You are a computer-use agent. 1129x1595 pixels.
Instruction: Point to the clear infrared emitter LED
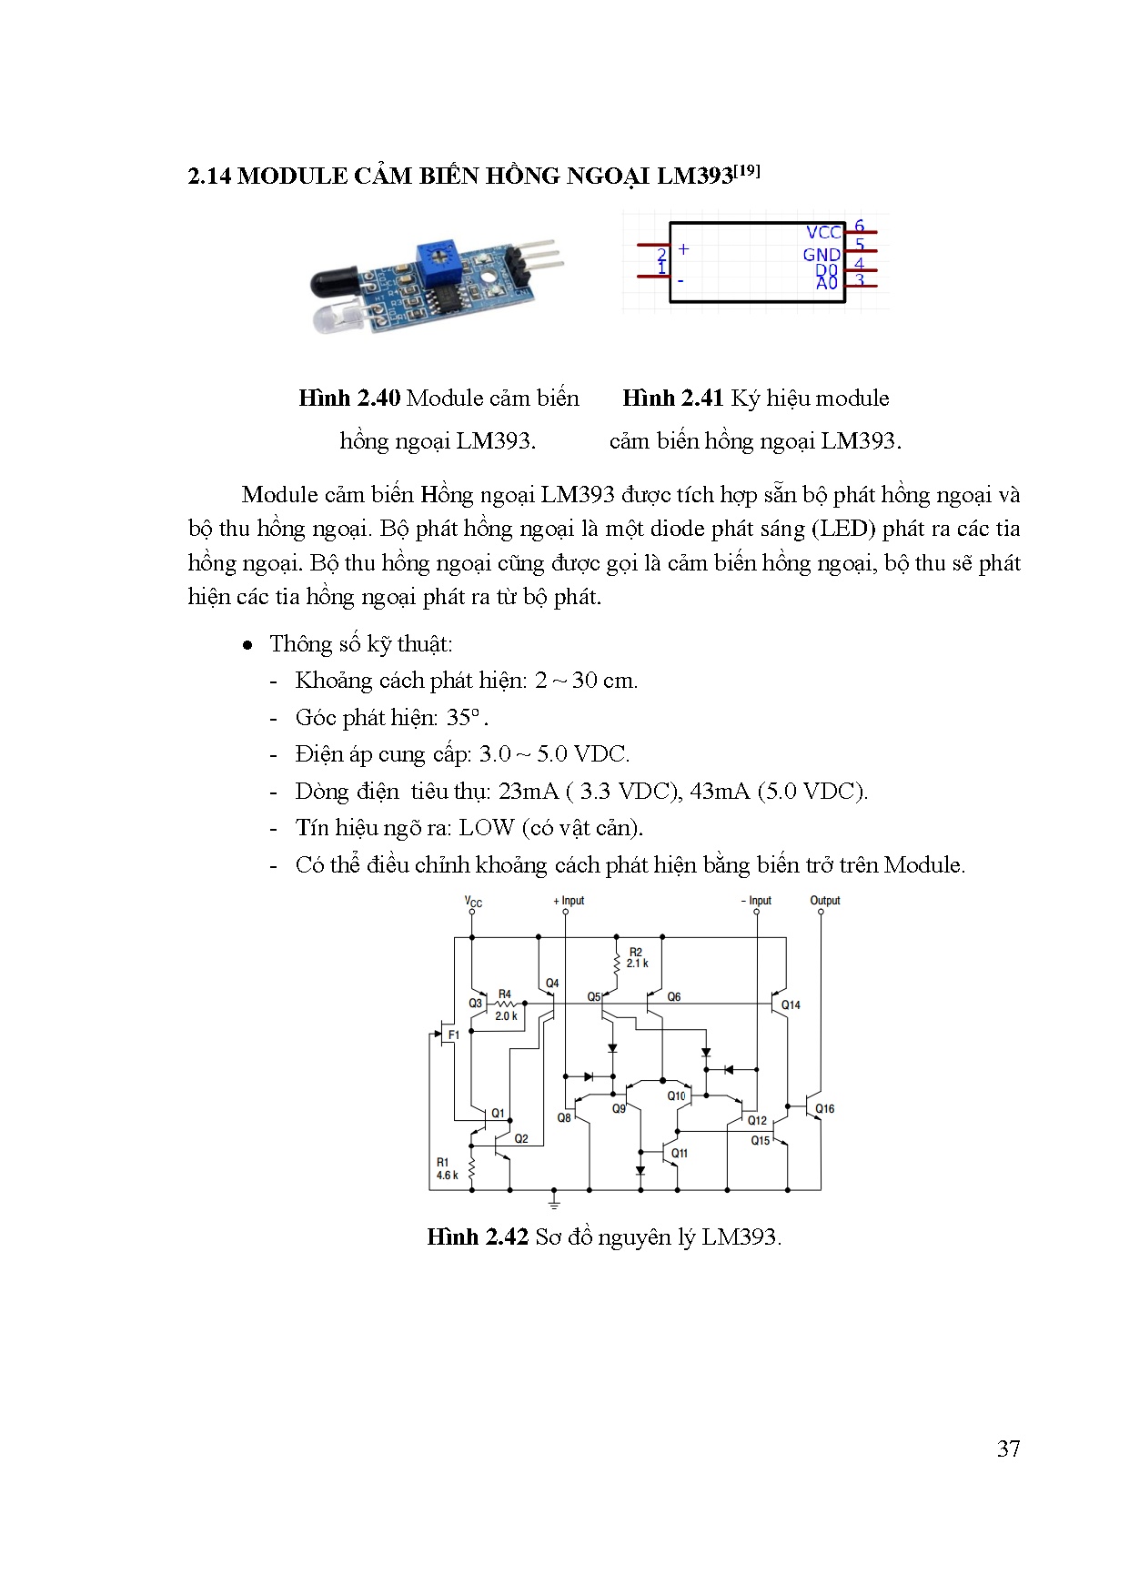click(x=338, y=318)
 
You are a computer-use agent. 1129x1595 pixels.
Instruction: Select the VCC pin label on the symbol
click(x=823, y=233)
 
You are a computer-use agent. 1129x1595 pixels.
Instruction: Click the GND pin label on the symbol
click(x=821, y=255)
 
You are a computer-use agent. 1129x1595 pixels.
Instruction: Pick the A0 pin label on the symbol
click(x=826, y=284)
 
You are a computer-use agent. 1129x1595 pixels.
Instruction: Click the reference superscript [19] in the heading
click(x=747, y=170)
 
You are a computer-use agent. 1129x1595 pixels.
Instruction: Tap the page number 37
click(x=1008, y=1449)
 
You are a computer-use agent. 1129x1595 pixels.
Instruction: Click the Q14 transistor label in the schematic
click(x=791, y=1005)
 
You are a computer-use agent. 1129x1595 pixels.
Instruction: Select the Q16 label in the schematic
click(x=824, y=1109)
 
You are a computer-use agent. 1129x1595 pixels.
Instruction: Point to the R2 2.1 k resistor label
click(x=637, y=958)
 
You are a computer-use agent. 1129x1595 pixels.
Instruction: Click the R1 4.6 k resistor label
click(x=446, y=1169)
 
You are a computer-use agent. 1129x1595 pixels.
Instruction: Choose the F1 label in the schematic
click(x=453, y=1035)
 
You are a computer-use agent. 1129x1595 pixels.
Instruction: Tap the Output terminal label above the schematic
click(x=825, y=901)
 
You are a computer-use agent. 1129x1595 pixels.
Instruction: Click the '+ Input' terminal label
click(x=569, y=901)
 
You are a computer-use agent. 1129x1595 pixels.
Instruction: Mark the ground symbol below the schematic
click(x=554, y=1203)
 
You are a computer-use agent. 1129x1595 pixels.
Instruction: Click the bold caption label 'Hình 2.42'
click(x=477, y=1237)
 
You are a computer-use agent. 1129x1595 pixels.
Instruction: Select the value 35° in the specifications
click(x=462, y=718)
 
